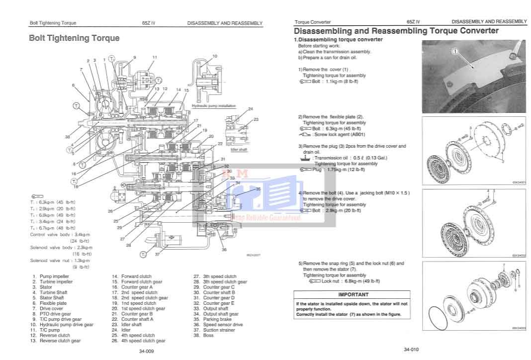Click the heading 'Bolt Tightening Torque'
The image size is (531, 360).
(x=74, y=38)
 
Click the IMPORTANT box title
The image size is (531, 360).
(x=353, y=294)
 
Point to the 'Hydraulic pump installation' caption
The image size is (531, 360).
(x=214, y=106)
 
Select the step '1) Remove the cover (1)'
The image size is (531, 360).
(x=323, y=69)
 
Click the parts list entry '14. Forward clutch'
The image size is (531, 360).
(x=131, y=276)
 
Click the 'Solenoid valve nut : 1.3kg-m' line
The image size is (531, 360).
(x=60, y=260)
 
